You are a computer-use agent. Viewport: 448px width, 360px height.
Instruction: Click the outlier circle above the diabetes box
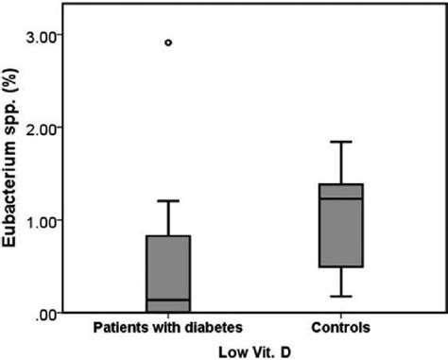click(168, 43)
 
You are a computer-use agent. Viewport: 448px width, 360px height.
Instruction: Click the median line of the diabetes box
click(168, 300)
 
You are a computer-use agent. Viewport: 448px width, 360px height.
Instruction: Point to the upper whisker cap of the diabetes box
click(168, 200)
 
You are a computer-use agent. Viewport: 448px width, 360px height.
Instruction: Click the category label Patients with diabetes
click(168, 327)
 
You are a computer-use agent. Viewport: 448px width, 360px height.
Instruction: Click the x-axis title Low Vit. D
click(252, 350)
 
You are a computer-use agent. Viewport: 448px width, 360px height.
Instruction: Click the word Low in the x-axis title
click(232, 350)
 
